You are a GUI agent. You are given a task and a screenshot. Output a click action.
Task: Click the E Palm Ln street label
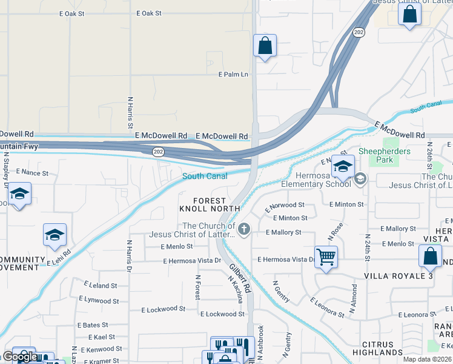click(233, 75)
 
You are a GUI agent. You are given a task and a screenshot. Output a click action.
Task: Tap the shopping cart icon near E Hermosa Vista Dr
click(326, 257)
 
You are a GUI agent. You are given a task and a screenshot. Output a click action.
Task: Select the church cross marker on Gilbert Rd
click(244, 229)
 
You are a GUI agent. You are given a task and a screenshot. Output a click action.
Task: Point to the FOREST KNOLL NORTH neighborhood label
click(202, 204)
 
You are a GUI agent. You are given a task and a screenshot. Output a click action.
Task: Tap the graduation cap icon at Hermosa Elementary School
click(343, 166)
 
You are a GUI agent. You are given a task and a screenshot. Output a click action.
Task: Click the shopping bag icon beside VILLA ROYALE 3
click(430, 256)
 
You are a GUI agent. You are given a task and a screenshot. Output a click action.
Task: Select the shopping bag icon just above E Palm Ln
click(265, 45)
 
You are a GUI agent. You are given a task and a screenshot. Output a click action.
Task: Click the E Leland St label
click(101, 285)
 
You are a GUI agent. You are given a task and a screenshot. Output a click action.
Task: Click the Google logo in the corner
click(19, 357)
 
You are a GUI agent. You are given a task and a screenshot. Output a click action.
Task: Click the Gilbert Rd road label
click(240, 278)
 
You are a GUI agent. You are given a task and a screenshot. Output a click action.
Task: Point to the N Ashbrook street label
click(261, 343)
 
